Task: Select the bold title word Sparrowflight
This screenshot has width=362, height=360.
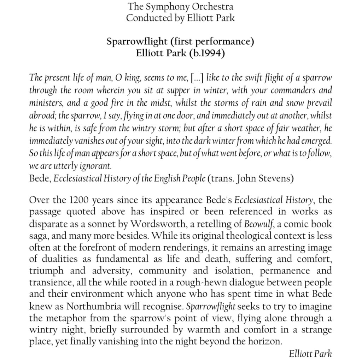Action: pos(136,42)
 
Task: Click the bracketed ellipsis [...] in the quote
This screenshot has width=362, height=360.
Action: pos(197,77)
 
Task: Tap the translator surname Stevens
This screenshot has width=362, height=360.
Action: pos(278,178)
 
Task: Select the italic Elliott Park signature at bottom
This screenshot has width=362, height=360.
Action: pos(310,353)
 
